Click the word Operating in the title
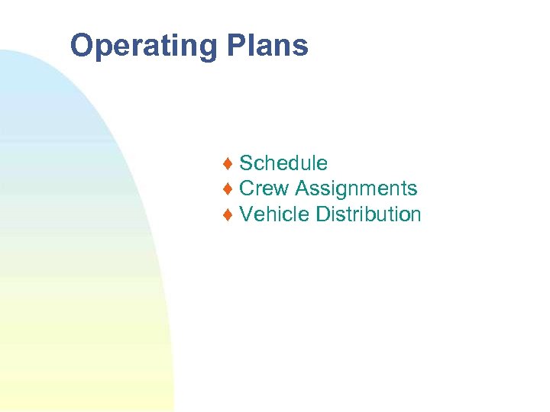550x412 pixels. (x=144, y=47)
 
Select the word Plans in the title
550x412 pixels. (x=267, y=46)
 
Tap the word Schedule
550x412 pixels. (x=283, y=163)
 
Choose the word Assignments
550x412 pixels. (x=356, y=188)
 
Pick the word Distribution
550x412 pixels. (x=368, y=214)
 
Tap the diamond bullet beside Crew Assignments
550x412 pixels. (x=228, y=189)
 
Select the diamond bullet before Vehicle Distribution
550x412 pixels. (x=228, y=215)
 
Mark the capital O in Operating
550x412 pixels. (x=82, y=46)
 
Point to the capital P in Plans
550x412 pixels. (x=236, y=46)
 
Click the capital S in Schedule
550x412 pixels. (x=247, y=163)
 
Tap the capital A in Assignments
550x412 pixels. (x=302, y=188)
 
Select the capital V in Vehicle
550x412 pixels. (x=247, y=214)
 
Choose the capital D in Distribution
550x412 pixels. (x=323, y=214)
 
